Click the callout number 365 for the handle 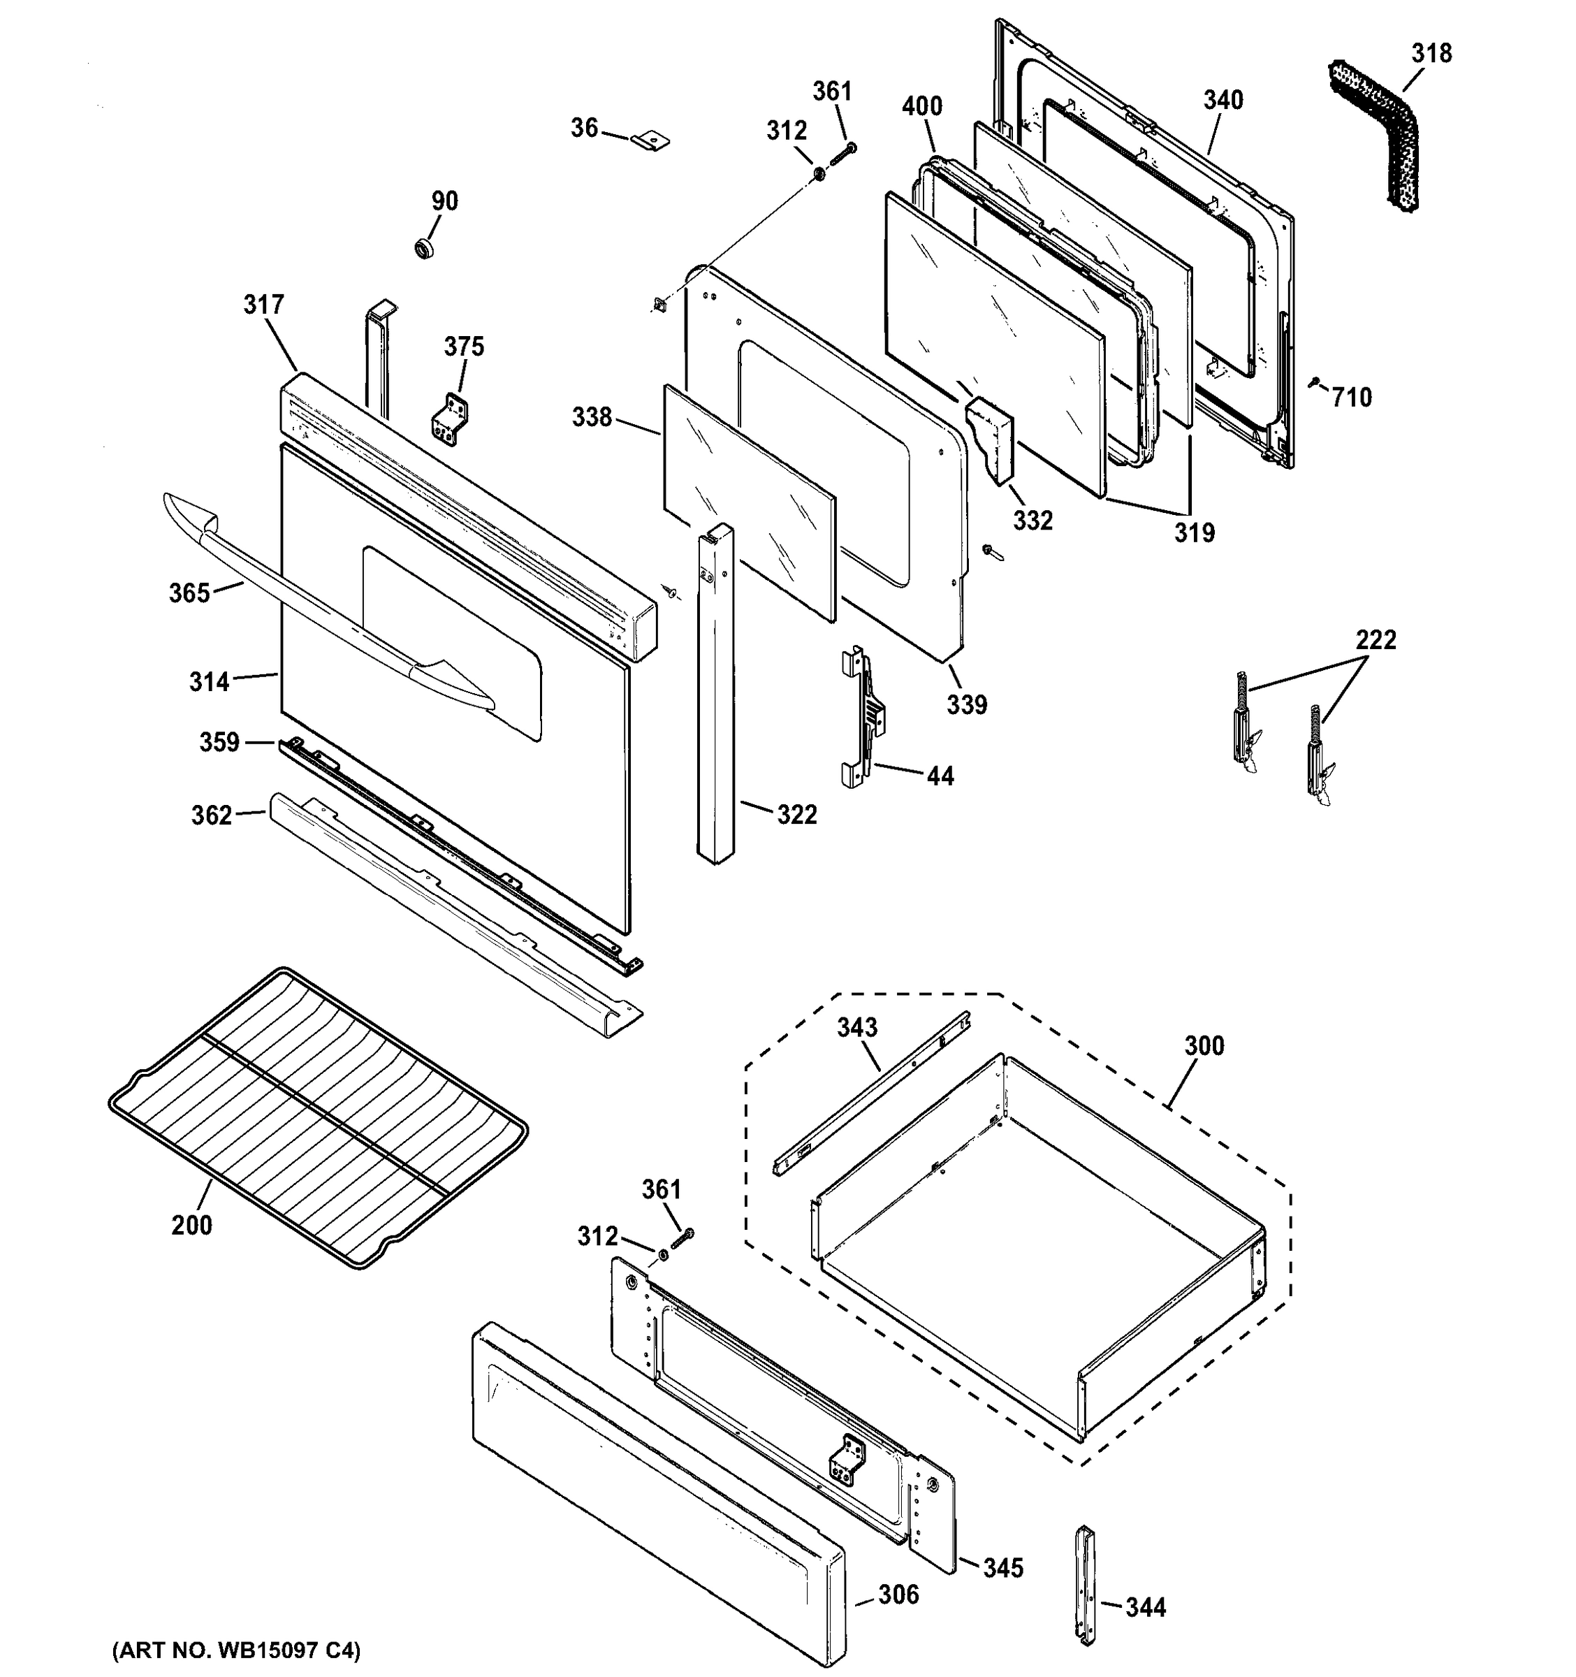[x=189, y=593]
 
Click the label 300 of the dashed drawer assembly [x=1203, y=1046]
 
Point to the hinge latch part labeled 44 [x=863, y=717]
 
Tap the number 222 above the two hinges [x=1376, y=640]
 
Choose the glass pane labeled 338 [x=749, y=502]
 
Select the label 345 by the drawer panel [x=1002, y=1567]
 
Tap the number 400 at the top [x=921, y=106]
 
